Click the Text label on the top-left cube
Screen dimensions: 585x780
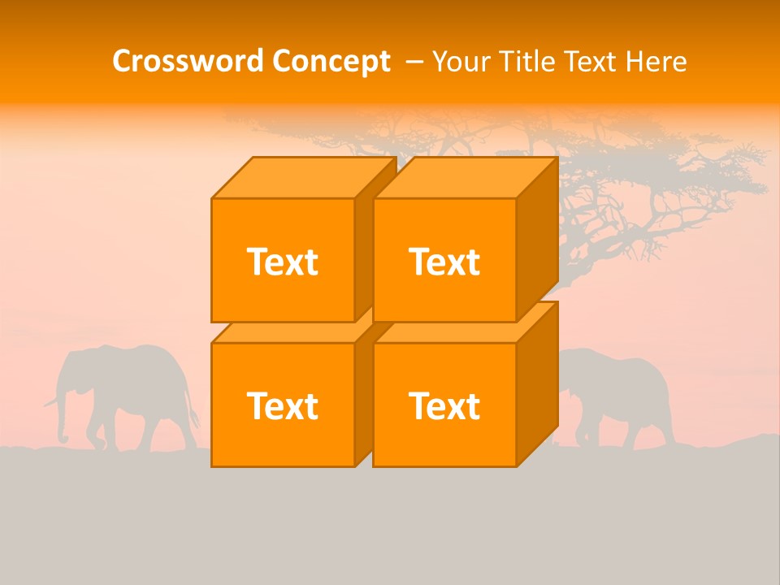tap(282, 262)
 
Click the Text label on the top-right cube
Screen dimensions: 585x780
tap(444, 262)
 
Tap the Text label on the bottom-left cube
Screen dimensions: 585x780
tap(282, 405)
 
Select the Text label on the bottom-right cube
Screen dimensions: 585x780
tap(444, 405)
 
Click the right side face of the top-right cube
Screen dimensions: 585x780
tap(537, 240)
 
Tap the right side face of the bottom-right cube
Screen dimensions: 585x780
tap(537, 383)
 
